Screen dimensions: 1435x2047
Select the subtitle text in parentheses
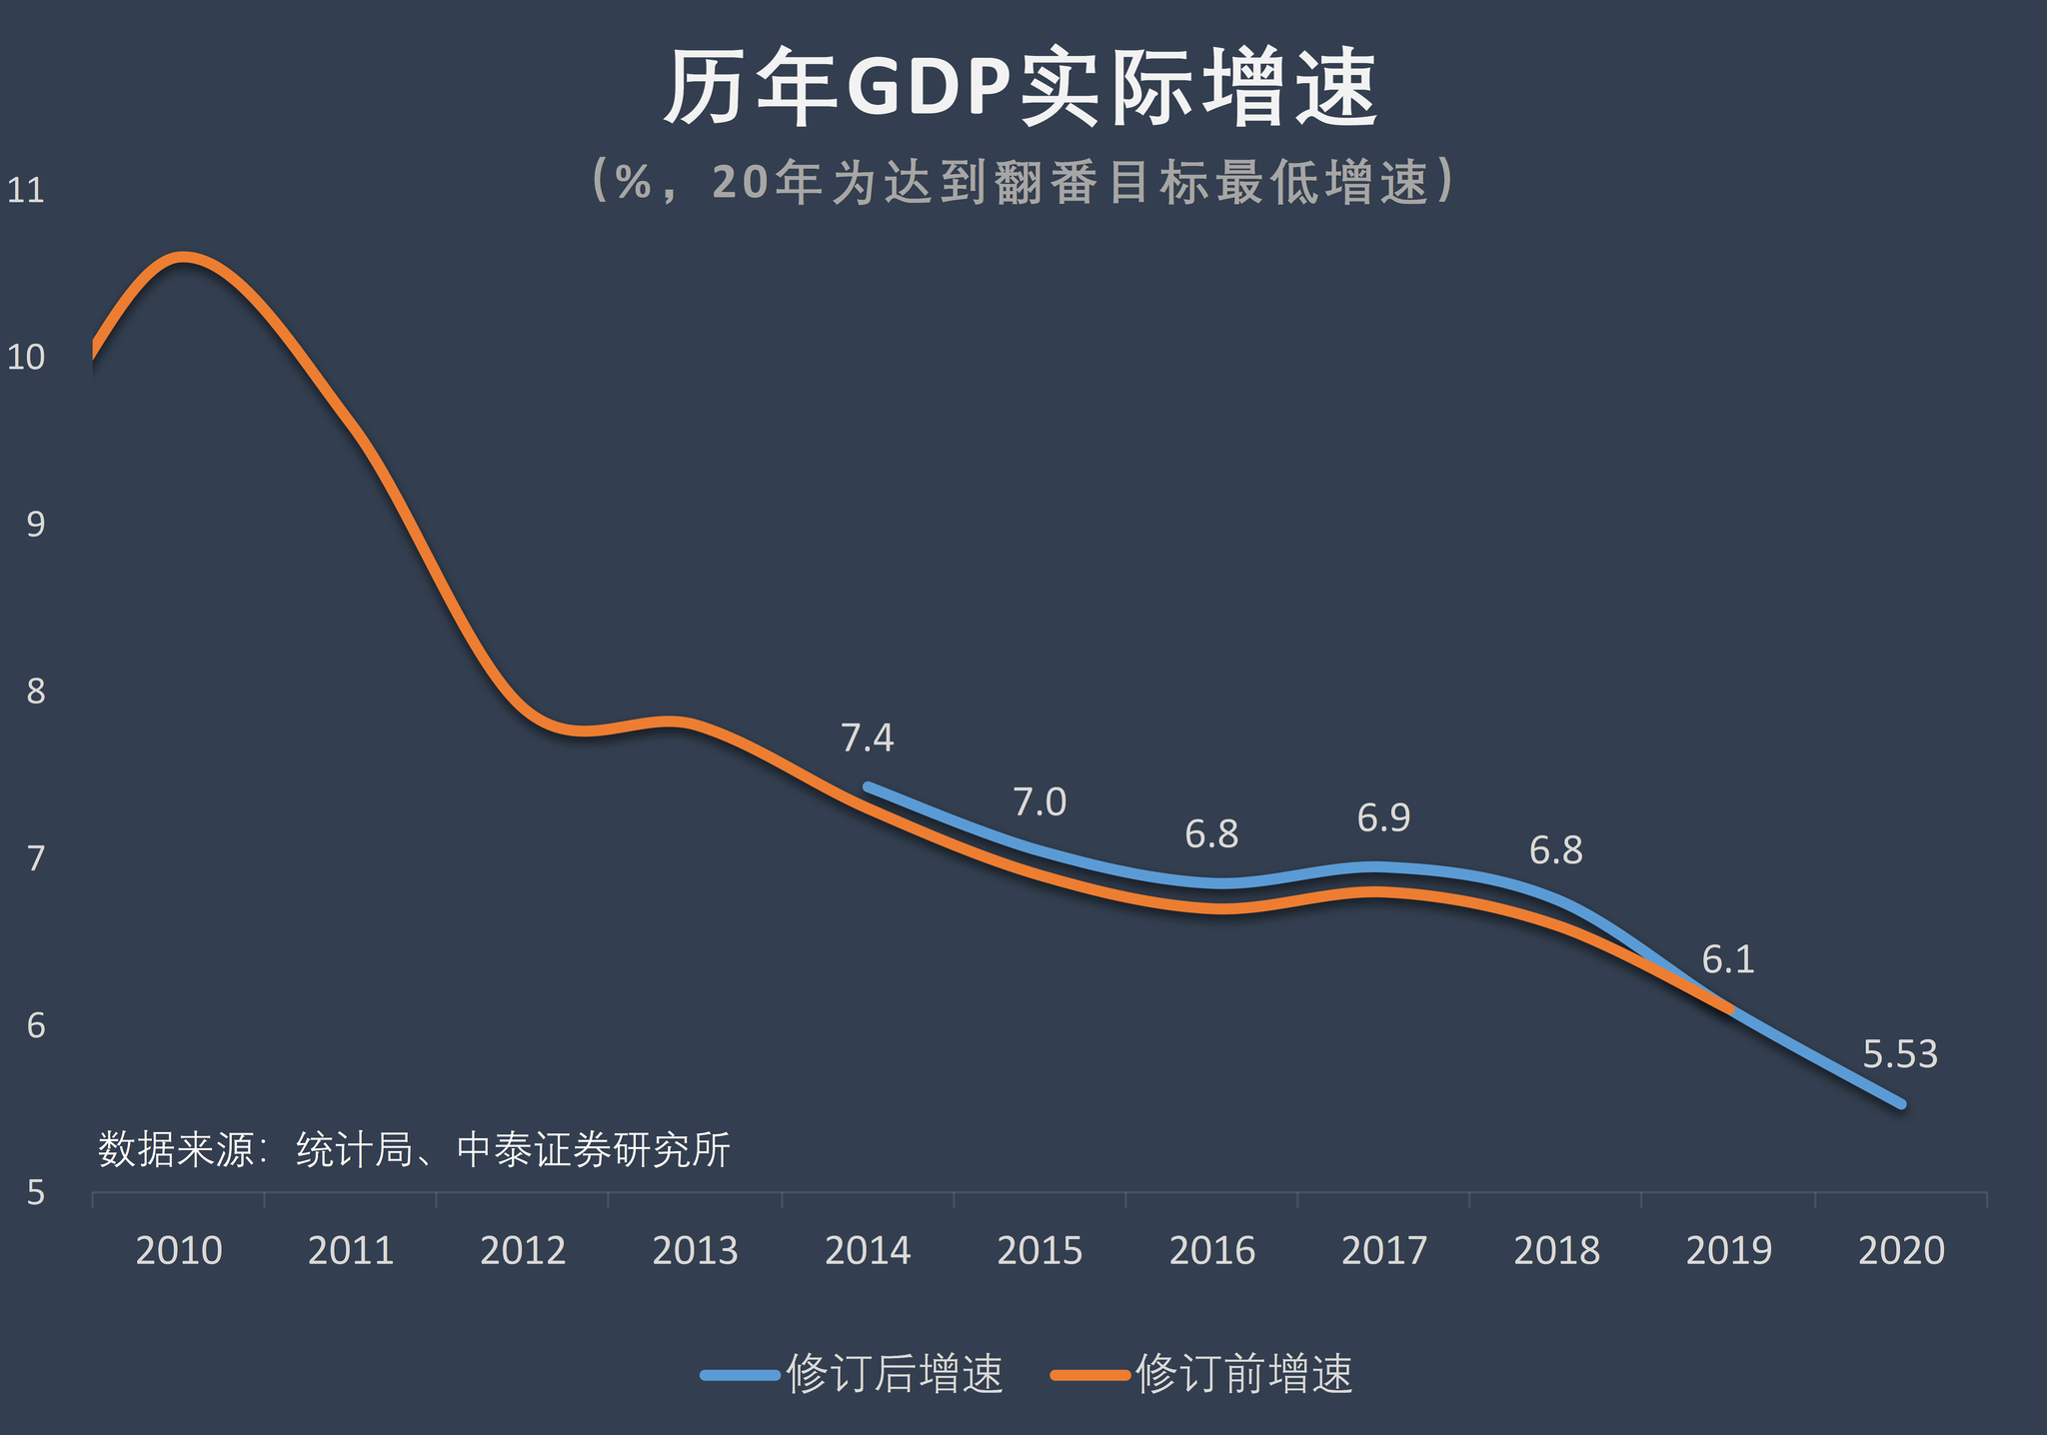[x=1022, y=181]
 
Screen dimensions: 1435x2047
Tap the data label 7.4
[x=867, y=738]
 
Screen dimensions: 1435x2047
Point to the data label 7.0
[x=1039, y=802]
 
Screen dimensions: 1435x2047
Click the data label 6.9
[x=1383, y=818]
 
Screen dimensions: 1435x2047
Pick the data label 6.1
[x=1728, y=960]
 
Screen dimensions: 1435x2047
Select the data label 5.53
[x=1900, y=1054]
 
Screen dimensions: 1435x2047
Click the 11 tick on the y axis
[x=26, y=191]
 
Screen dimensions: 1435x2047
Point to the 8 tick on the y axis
[x=36, y=692]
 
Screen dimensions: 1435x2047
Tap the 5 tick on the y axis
[x=36, y=1192]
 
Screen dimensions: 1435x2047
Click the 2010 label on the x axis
[x=179, y=1251]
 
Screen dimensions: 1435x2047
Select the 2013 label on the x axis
[x=695, y=1251]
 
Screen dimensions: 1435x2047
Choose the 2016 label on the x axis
[x=1211, y=1251]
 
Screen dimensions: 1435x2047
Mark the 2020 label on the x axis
[x=1901, y=1251]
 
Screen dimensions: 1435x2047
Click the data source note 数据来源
[x=414, y=1149]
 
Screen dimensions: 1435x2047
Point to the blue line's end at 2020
[x=1901, y=1104]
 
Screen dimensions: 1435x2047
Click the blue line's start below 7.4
[x=868, y=787]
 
